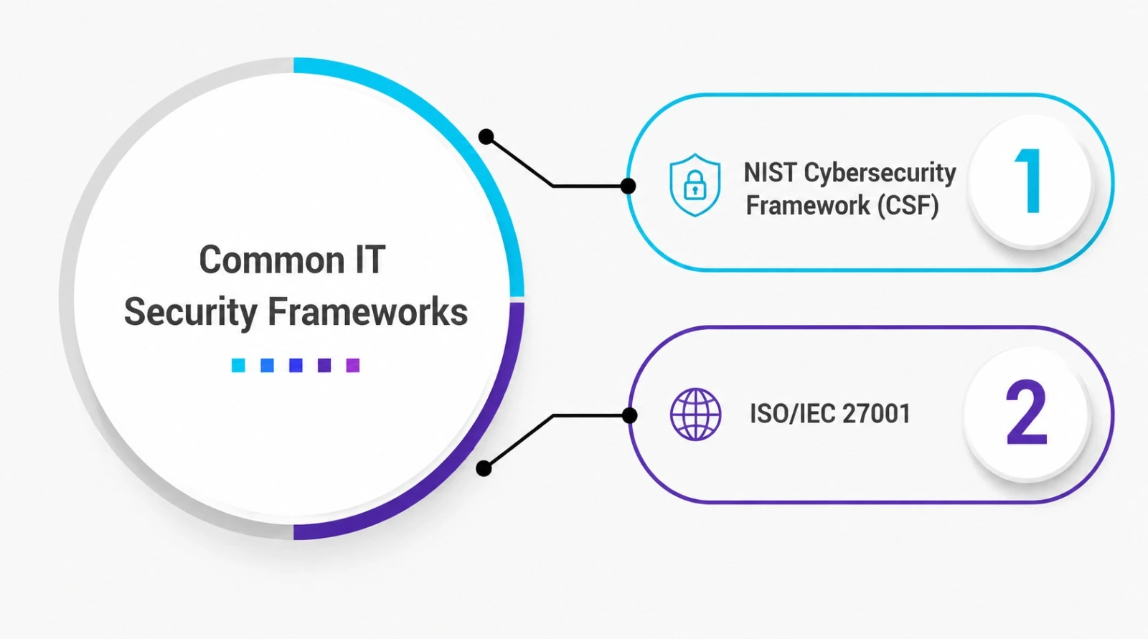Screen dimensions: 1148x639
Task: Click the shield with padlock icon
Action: [695, 185]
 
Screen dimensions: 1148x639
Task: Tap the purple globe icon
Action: [695, 414]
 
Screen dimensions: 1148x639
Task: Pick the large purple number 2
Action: [1026, 412]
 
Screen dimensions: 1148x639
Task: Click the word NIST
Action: [770, 173]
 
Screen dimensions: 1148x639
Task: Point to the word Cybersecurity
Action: [880, 174]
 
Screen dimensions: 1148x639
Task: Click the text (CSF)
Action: [908, 206]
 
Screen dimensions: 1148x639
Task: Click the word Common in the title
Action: [272, 260]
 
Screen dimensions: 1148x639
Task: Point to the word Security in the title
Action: [191, 313]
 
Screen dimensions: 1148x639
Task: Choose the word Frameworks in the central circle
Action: [367, 311]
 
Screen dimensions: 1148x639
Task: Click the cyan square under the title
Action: [238, 365]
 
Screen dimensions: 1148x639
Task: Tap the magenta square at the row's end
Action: [353, 365]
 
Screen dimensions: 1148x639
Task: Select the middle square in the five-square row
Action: [296, 365]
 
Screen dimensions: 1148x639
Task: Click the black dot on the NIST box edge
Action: [628, 186]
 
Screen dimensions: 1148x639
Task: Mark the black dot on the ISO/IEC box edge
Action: [629, 415]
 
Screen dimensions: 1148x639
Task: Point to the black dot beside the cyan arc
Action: [486, 137]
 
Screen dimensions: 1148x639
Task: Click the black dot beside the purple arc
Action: [484, 468]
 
